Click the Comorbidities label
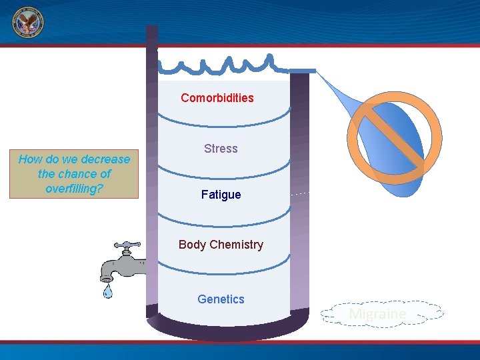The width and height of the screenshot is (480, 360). tap(217, 98)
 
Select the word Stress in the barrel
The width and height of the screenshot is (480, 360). tap(221, 149)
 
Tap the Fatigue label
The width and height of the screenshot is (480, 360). tap(221, 195)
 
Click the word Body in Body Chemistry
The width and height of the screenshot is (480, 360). tap(192, 245)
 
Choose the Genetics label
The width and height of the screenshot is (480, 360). tap(221, 299)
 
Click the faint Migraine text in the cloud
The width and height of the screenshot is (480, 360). tap(377, 313)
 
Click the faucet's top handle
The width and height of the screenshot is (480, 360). tap(127, 245)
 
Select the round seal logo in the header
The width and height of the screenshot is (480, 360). tap(27, 24)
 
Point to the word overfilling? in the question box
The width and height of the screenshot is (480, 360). tap(74, 189)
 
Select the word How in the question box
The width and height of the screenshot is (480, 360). tap(30, 159)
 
